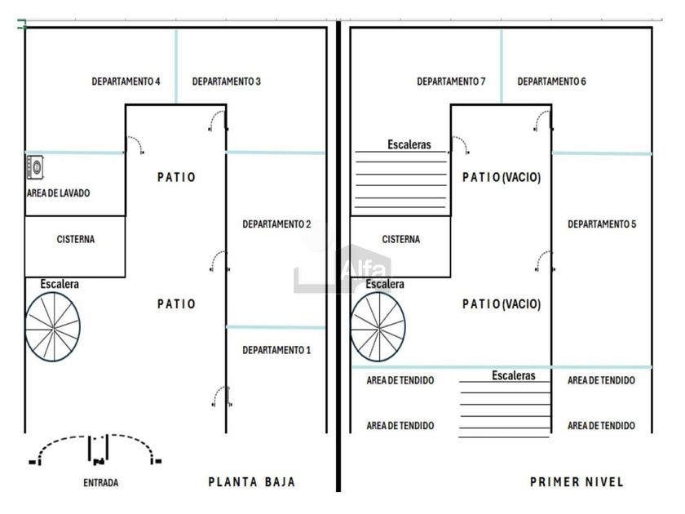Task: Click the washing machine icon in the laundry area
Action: coord(35,167)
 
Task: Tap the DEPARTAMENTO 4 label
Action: coord(126,82)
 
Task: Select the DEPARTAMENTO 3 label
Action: coord(227,82)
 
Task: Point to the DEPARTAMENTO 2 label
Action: coord(276,224)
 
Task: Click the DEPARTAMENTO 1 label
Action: coord(276,350)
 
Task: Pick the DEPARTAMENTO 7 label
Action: coord(451,82)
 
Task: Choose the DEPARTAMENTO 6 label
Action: coord(552,82)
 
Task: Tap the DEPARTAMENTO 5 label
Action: coord(602,224)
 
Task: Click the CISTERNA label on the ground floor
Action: coord(76,239)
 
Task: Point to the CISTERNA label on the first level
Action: coord(401,239)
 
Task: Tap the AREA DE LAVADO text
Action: coord(59,193)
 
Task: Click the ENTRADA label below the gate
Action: coord(101,483)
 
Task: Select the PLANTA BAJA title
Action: coord(252,482)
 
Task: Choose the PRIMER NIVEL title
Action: coord(577,482)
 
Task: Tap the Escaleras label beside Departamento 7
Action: coord(409,144)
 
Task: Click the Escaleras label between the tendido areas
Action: coord(514,375)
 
